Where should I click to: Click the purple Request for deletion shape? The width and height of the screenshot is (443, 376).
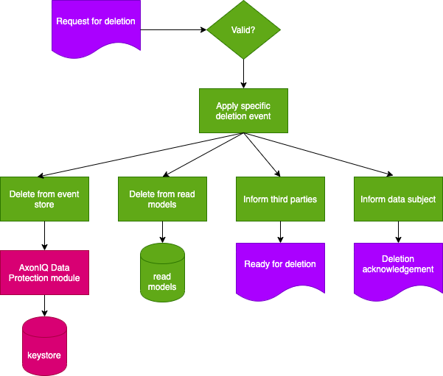pyautogui.click(x=96, y=26)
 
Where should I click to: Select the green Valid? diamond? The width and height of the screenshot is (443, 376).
pyautogui.click(x=243, y=29)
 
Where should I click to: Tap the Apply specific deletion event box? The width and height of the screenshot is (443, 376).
pyautogui.click(x=243, y=110)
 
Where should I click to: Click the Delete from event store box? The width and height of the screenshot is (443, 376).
pyautogui.click(x=44, y=199)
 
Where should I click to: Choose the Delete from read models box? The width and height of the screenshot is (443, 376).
pyautogui.click(x=162, y=199)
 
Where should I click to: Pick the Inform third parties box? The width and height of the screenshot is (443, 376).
pyautogui.click(x=280, y=199)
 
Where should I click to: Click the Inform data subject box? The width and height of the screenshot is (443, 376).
pyautogui.click(x=398, y=199)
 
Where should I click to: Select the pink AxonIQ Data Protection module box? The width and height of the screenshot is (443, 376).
pyautogui.click(x=44, y=272)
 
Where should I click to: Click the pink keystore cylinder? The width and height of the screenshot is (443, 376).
pyautogui.click(x=44, y=346)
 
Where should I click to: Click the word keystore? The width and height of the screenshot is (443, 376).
pyautogui.click(x=44, y=355)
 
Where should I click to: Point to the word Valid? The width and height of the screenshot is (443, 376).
pyautogui.click(x=243, y=29)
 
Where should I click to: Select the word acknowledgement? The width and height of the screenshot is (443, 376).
pyautogui.click(x=398, y=269)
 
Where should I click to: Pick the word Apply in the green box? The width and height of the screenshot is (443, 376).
pyautogui.click(x=227, y=106)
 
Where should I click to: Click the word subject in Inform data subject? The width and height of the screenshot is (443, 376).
pyautogui.click(x=421, y=199)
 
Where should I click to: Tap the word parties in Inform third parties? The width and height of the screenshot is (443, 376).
pyautogui.click(x=304, y=199)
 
